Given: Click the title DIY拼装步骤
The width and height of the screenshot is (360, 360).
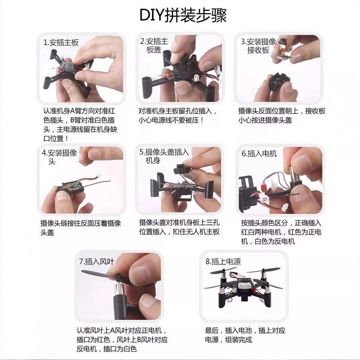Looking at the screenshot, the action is click(x=183, y=15).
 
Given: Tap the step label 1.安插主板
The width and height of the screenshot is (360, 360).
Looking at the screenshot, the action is click(x=61, y=43).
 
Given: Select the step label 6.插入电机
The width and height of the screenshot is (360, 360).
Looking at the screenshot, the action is click(x=259, y=154).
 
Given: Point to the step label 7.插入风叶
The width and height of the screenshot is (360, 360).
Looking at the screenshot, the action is click(x=96, y=262).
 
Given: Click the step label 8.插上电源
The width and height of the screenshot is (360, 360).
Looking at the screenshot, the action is click(x=223, y=262).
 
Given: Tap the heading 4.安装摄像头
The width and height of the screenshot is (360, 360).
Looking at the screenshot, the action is click(x=59, y=157).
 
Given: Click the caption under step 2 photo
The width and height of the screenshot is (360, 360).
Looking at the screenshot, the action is click(x=177, y=116).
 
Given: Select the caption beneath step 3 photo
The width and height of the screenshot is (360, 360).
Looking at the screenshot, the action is click(x=282, y=116).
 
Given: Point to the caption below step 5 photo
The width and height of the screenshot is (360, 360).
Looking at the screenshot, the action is click(x=179, y=227).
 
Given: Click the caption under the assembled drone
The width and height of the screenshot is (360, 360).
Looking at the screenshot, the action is click(x=245, y=335).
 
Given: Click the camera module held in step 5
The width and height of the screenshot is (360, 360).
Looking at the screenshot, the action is click(x=180, y=169).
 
